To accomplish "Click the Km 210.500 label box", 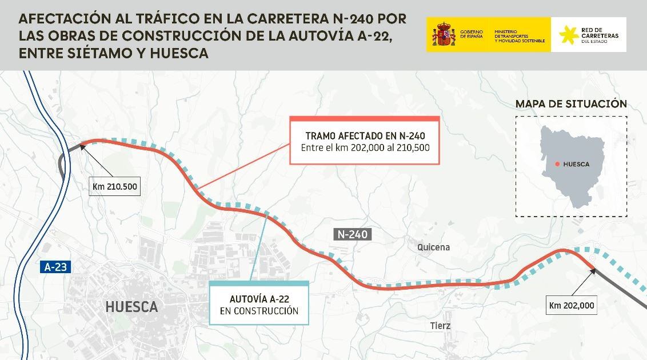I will click(x=115, y=186).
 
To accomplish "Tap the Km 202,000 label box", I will click(x=572, y=305).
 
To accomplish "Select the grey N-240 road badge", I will click(x=353, y=234).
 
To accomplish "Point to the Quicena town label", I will click(x=433, y=247).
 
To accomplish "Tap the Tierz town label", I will click(x=440, y=326).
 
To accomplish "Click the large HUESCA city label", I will click(x=131, y=307).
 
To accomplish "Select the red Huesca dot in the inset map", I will click(x=557, y=164).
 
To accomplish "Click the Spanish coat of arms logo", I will click(x=444, y=35).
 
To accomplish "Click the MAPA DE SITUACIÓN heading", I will click(x=571, y=104).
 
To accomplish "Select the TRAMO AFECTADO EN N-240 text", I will click(x=365, y=136).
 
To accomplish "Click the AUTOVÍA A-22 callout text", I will click(x=259, y=299).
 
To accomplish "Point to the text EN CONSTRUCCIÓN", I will click(x=259, y=311).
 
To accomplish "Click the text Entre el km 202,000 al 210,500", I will click(x=365, y=148).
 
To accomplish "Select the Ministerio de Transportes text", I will click(x=519, y=36).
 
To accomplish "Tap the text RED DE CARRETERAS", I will click(x=599, y=33).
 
